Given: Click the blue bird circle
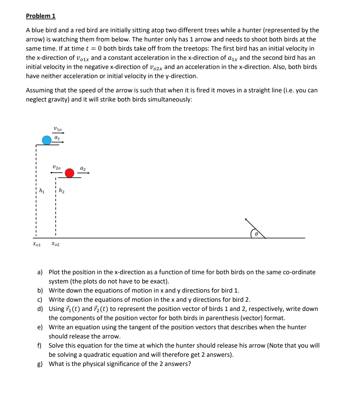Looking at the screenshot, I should pos(47,140).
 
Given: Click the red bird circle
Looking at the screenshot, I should pos(70,173).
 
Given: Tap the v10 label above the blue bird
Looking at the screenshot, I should pos(58,129).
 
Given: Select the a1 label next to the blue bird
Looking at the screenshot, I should pos(57,138).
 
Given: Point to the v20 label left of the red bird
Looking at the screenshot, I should pos(56,168).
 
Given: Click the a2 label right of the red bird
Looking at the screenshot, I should pos(83,168).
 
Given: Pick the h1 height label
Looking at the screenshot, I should pos(42,191).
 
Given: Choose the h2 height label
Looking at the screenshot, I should pos(62,191).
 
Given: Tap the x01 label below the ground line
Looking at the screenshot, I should pos(37,244).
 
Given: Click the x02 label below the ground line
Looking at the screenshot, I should pos(55,244).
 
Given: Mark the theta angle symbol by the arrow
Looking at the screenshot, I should pos(256,234).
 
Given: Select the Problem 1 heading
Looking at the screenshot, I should pos(40,16).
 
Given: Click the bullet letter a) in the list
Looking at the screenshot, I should pos(40,272).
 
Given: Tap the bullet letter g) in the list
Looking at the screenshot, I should pos(40,364).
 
